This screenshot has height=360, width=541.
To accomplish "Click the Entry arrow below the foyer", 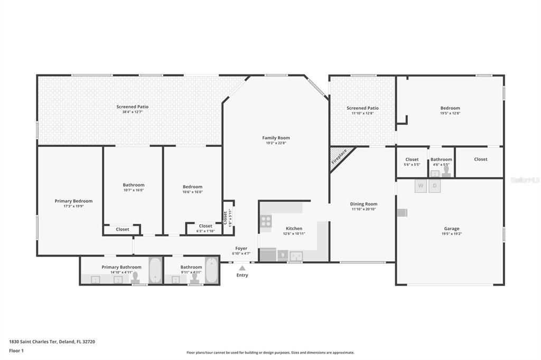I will pos(242,268).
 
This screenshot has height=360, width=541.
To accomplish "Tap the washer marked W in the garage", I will pos(421,186).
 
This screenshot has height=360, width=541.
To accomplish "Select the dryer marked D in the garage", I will pos(434,186).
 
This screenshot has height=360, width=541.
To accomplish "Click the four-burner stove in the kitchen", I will pos(266,221).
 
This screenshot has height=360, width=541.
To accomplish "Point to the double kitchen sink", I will pos(296,256).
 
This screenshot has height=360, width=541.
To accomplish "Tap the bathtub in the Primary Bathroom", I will pos(155,270).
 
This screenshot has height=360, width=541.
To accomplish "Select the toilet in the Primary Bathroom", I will pos(135,277).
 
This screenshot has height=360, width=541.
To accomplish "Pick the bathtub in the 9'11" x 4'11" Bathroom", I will pos(211,270).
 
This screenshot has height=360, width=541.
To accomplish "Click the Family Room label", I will pos(276,138).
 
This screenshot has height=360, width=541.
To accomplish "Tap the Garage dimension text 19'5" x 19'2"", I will pos(451,234).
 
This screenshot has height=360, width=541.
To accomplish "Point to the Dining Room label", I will pos(363,204).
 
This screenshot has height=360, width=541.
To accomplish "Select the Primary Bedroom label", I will pos(73,201).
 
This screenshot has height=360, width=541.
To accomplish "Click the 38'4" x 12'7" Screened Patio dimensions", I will pos(132,112).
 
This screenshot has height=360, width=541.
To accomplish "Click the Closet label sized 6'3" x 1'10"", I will pos(206,226).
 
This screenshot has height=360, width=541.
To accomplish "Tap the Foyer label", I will pos(241,248).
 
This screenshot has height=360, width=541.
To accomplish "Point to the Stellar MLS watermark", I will pos(525,180).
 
